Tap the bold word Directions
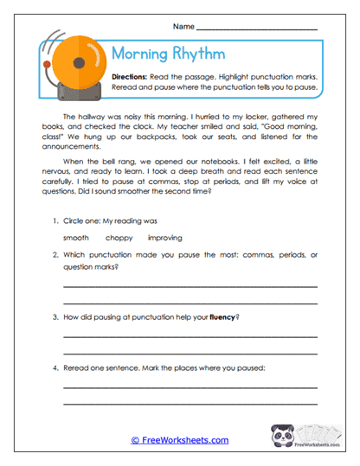[134, 76]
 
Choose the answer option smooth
[76, 237]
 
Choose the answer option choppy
[119, 237]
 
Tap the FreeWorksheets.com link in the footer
[179, 440]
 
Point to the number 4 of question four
[54, 368]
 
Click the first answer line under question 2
[190, 286]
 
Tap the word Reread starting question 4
[78, 368]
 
